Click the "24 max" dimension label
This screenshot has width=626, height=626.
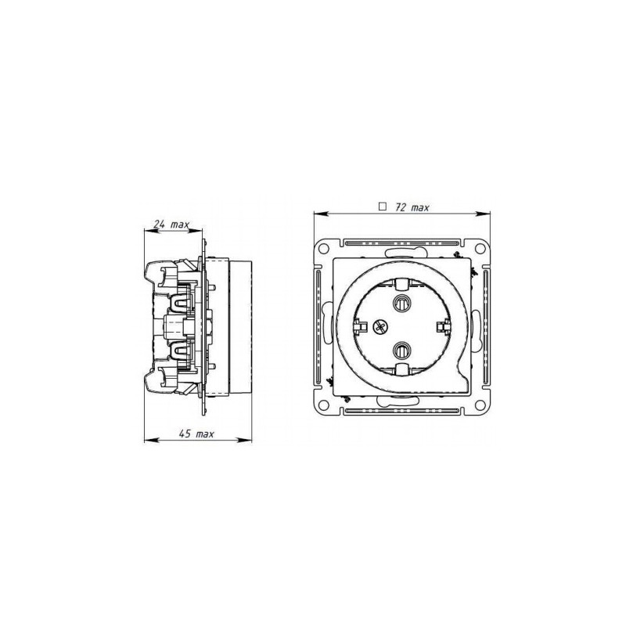coord(171,225)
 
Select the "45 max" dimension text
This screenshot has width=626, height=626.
coord(195,433)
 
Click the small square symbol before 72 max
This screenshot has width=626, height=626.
coord(383,207)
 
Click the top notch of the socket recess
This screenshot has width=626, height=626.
coord(404,280)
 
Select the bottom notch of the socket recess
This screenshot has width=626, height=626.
coord(404,369)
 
